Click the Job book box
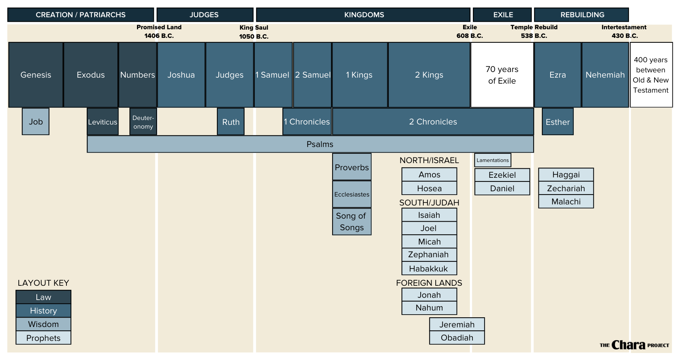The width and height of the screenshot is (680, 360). pos(36,121)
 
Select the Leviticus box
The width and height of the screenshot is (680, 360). pos(102,121)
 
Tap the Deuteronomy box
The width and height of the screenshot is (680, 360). pos(143,121)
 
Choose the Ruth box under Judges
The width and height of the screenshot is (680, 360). pos(230,121)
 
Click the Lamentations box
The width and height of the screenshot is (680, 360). pos(492,160)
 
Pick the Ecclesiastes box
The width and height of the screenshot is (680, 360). pos(352,194)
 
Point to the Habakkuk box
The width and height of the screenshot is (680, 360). pos(429,268)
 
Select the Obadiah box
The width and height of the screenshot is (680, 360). pos(457,337)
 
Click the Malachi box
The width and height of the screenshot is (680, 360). pos(566,201)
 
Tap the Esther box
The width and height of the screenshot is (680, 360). pos(557,121)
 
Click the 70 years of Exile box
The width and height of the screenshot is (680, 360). pos(502,75)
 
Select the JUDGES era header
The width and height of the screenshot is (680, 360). pos(205,15)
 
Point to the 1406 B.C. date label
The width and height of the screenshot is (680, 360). pos(159,36)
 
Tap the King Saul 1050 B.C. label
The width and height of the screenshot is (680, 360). pos(254,32)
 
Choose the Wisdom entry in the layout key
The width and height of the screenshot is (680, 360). pos(43,324)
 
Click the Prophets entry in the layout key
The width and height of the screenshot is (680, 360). pos(43,338)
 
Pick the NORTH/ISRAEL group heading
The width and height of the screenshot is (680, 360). pos(429,160)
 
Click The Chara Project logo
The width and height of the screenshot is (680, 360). pos(634,345)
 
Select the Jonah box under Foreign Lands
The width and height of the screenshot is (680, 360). pos(429,295)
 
